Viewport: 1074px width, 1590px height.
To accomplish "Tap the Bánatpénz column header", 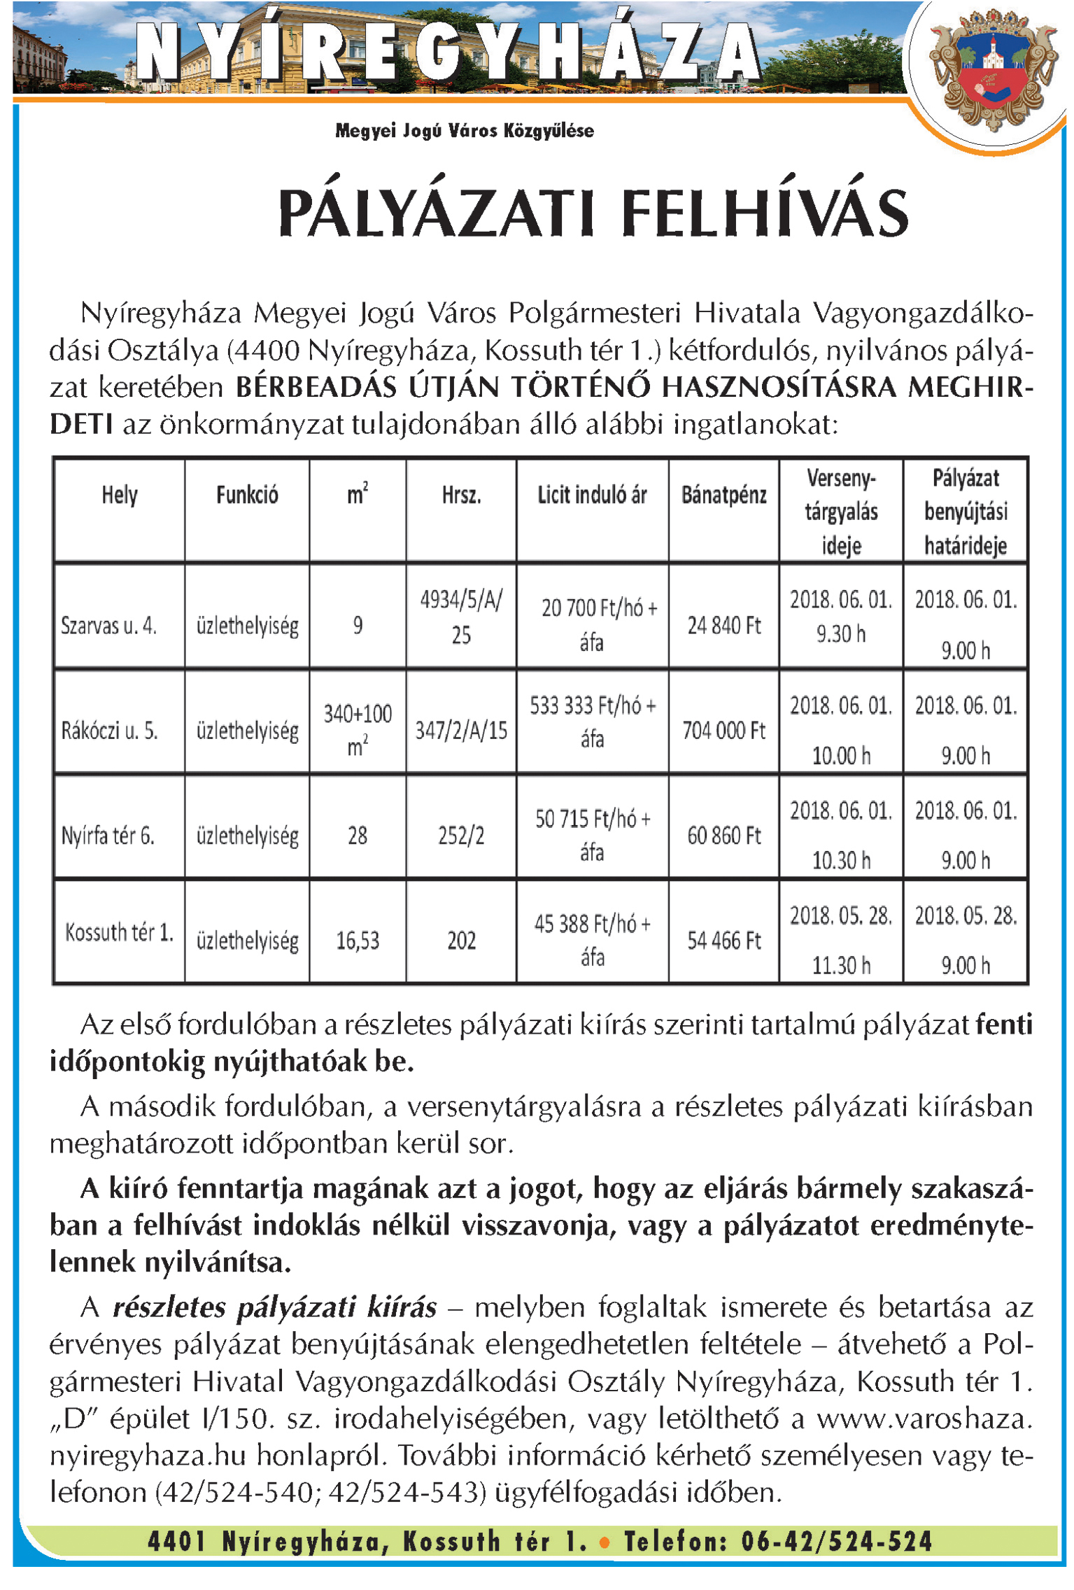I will (x=723, y=495).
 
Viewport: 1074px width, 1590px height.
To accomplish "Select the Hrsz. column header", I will (x=461, y=495).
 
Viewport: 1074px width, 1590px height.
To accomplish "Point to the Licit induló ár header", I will (x=592, y=495).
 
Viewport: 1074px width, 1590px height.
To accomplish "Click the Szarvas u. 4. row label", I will (x=108, y=625).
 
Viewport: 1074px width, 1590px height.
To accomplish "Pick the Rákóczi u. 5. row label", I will (x=110, y=731).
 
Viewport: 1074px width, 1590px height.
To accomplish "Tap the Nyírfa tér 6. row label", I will (x=108, y=836).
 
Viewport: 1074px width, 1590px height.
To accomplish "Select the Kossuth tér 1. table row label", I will (x=119, y=932).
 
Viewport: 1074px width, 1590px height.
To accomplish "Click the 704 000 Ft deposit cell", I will (x=723, y=731).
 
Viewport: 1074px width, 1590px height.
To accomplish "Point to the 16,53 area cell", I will (x=358, y=941).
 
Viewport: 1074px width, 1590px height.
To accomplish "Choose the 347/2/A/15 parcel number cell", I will (x=461, y=731).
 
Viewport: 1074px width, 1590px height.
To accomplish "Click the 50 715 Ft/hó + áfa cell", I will (x=592, y=835).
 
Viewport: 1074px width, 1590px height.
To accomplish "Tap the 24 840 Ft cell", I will (x=723, y=625).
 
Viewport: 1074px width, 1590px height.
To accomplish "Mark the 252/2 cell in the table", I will (x=461, y=836).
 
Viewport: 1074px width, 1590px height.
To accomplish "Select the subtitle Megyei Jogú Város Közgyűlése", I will (x=465, y=131).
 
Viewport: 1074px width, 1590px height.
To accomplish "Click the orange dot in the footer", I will (x=605, y=1541).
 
